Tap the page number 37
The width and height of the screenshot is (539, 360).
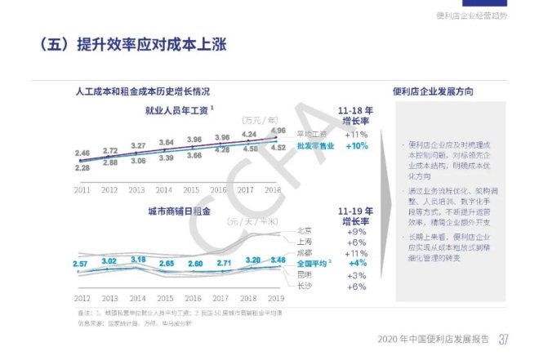point(505,340)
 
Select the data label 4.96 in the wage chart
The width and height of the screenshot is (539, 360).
point(277,131)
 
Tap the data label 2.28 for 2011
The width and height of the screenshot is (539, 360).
point(82,168)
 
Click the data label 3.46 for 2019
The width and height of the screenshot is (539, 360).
point(277,260)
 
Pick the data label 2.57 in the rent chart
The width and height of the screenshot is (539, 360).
point(80,264)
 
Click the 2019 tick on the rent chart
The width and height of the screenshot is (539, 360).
point(277,299)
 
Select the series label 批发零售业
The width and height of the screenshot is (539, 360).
point(310,146)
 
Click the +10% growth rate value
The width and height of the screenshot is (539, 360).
point(356,146)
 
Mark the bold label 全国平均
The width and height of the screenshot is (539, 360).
point(310,264)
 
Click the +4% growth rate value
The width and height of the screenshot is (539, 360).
point(356,264)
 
